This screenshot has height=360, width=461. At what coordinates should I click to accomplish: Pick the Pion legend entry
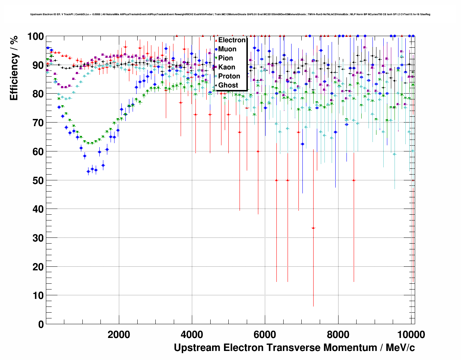click(225, 58)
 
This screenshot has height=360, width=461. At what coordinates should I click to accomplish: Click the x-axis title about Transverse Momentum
click(294, 348)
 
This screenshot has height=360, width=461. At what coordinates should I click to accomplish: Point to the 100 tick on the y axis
click(35, 37)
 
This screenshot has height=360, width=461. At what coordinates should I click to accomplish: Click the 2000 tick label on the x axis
click(119, 334)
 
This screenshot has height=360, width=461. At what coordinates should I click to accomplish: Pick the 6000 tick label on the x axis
click(265, 334)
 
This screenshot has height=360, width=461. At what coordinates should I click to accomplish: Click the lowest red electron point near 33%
click(313, 228)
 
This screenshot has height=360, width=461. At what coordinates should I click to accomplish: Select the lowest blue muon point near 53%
click(89, 172)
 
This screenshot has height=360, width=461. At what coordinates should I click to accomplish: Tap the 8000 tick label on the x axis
click(338, 334)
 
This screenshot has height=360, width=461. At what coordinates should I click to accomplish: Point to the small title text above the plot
click(230, 14)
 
